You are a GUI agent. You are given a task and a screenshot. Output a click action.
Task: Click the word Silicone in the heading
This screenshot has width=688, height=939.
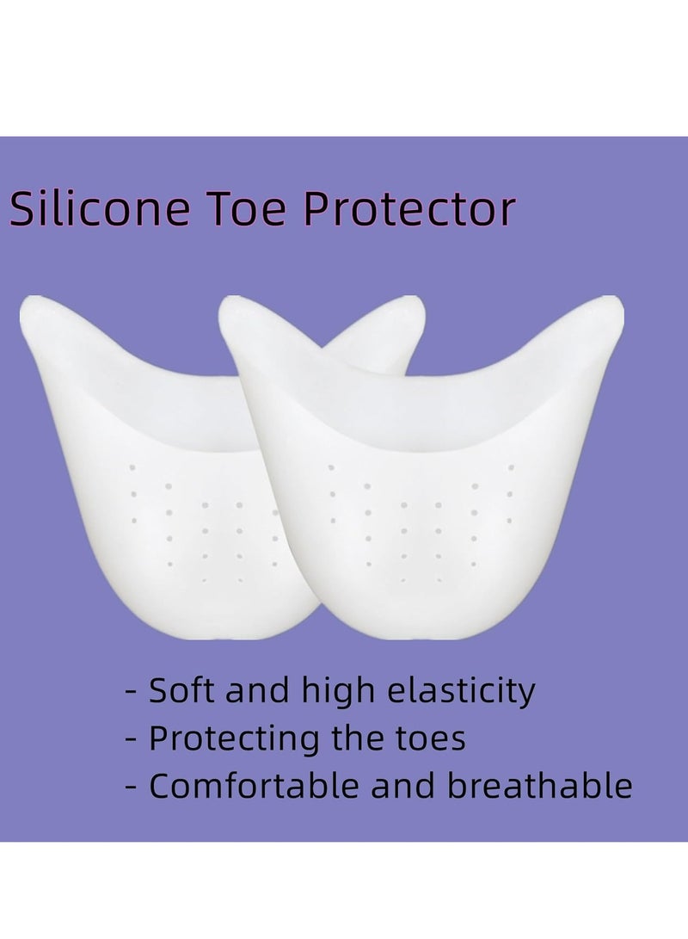click(100, 207)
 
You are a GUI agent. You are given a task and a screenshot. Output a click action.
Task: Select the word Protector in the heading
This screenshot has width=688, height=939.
click(409, 208)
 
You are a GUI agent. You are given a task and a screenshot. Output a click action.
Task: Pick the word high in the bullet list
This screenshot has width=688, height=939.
click(337, 692)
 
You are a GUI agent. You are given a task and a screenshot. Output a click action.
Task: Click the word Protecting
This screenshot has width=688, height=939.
click(234, 739)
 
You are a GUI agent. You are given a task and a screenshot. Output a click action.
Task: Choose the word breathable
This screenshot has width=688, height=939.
click(540, 785)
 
